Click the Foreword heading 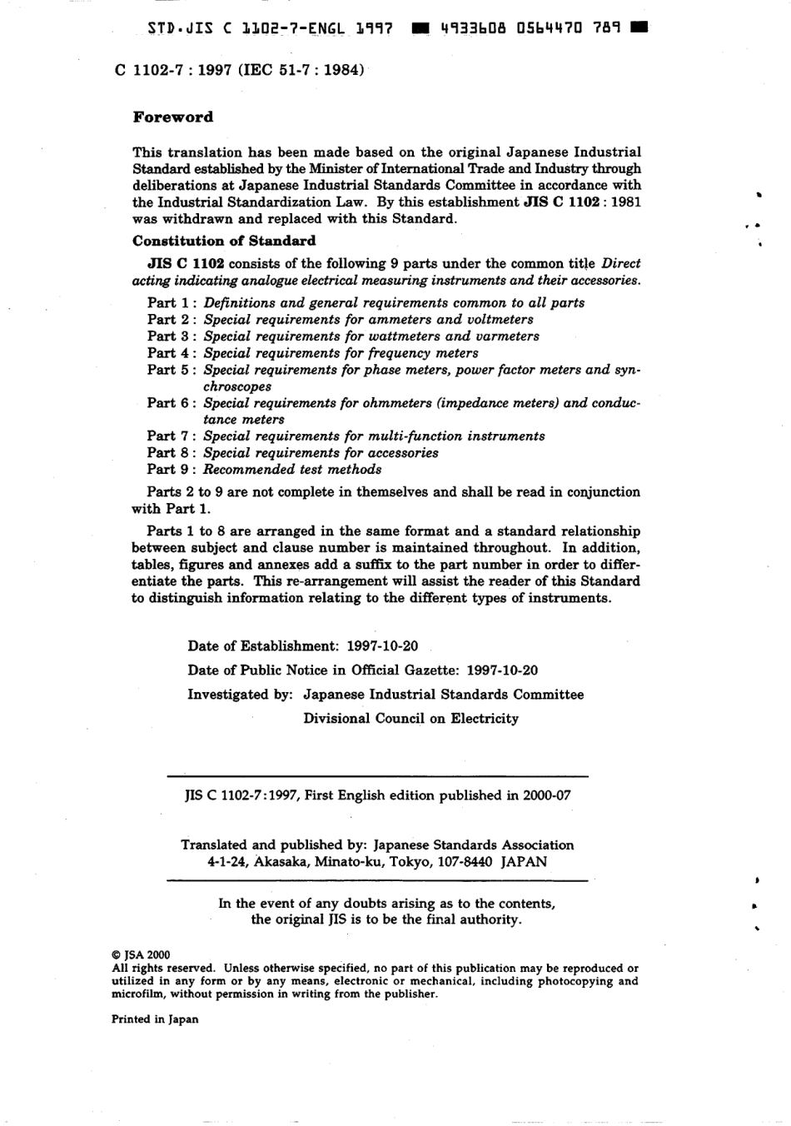point(173,117)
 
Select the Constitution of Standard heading point(224,242)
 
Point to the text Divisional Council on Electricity point(410,719)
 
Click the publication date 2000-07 point(547,795)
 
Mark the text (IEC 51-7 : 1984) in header point(301,71)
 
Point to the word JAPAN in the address point(524,863)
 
